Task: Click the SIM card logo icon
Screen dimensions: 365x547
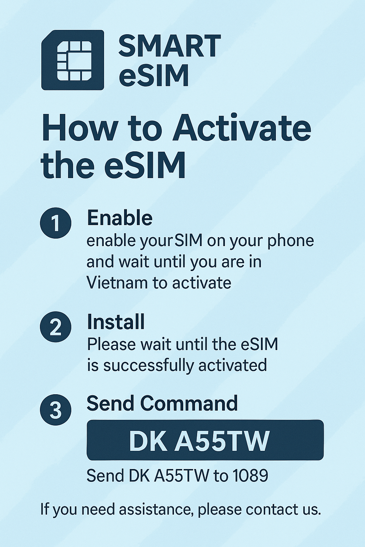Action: (x=73, y=60)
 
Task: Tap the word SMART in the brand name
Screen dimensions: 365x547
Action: (x=170, y=46)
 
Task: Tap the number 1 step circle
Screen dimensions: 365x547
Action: (x=56, y=223)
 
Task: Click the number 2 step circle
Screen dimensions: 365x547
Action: (x=56, y=327)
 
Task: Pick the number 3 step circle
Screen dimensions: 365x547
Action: (x=56, y=410)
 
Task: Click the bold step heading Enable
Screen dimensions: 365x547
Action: (x=119, y=218)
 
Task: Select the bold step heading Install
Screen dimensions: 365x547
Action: (x=115, y=322)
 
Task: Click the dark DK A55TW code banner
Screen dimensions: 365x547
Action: (x=205, y=440)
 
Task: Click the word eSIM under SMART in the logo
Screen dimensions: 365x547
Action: (x=154, y=75)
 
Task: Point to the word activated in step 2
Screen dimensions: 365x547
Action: (x=232, y=366)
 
